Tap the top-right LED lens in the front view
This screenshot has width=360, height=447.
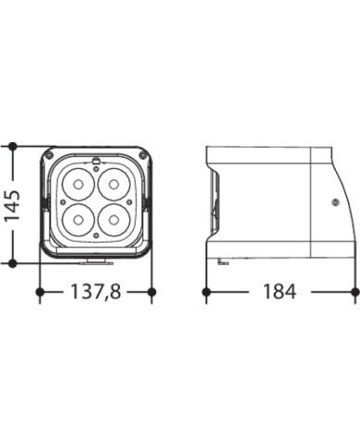coord(114,185)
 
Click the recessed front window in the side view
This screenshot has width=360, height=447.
coord(215,203)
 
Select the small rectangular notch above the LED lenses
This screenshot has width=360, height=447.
coord(96,163)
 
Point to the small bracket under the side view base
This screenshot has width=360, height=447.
coord(222,263)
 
